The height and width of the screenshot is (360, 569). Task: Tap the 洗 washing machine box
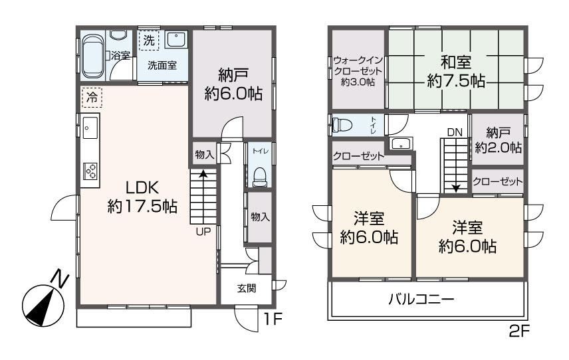click(x=149, y=41)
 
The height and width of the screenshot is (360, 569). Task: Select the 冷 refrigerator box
click(x=92, y=97)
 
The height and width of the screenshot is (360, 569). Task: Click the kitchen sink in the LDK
click(x=90, y=127)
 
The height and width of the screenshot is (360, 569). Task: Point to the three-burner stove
click(x=90, y=171)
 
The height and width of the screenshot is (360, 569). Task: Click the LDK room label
click(x=142, y=197)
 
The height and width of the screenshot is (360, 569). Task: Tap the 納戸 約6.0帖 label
click(x=233, y=85)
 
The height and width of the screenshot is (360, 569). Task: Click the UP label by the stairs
click(x=203, y=231)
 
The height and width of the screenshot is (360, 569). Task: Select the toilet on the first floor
click(x=259, y=176)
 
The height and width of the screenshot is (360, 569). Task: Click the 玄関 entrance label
click(x=247, y=288)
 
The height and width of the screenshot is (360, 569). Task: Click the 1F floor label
click(x=273, y=319)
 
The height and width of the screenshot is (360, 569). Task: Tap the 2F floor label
click(x=519, y=331)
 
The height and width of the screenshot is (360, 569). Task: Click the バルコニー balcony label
click(x=421, y=300)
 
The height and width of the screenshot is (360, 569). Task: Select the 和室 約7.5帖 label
click(x=456, y=72)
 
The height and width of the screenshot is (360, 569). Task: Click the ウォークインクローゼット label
click(x=358, y=70)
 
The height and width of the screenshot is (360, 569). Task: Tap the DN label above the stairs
click(x=455, y=133)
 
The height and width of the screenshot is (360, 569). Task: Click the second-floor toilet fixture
click(x=342, y=126)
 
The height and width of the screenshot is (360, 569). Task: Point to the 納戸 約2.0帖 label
click(x=499, y=140)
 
